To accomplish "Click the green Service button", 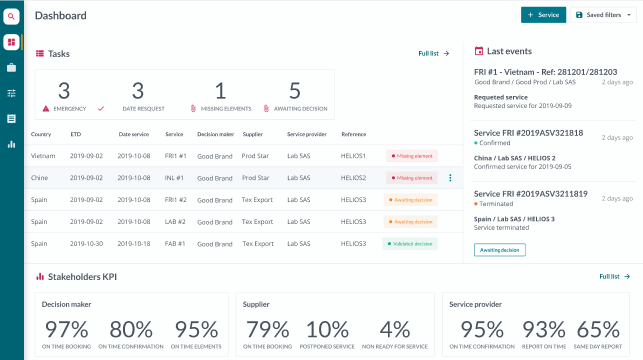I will pos(543,15).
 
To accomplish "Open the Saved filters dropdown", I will pos(604,15).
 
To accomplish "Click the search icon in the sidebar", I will pos(11,16).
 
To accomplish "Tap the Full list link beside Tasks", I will pos(433,53).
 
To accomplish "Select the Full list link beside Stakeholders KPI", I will pos(614,276).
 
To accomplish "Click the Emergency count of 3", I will pos(64,91).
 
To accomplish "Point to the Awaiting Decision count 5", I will pos(294,91).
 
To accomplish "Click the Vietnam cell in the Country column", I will pos(43,156).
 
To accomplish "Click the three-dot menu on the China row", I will pos(450,178).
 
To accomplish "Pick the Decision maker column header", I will pos(215,133).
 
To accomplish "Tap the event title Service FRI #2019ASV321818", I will pos(528,133).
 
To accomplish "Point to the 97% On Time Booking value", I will pos(66,329).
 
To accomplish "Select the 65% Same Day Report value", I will pos(597,329).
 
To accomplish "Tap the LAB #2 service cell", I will pos(176,221).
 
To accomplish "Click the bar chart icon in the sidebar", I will pos(11,144).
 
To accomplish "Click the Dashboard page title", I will pos(61,15).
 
